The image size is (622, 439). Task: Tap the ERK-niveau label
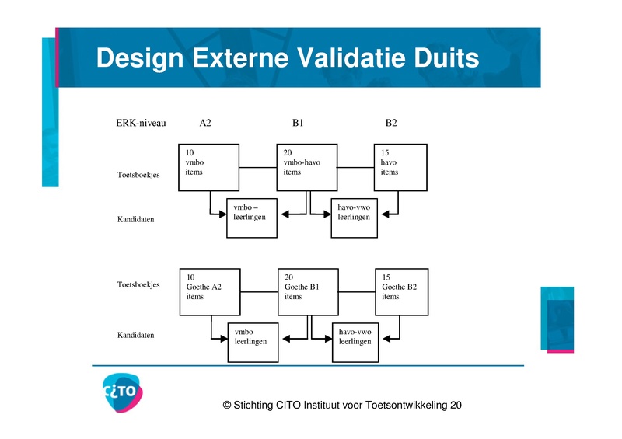pyautogui.click(x=141, y=123)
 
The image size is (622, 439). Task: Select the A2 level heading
pyautogui.click(x=205, y=123)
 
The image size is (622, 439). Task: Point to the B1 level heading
pyautogui.click(x=299, y=123)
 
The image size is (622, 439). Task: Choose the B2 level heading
pyautogui.click(x=392, y=123)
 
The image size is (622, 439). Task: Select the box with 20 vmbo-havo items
pyautogui.click(x=306, y=167)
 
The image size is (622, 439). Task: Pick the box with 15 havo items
pyautogui.click(x=400, y=167)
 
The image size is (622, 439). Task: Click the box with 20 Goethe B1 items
pyautogui.click(x=308, y=291)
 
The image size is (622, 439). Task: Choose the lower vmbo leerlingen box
pyautogui.click(x=252, y=341)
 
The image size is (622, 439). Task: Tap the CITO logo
pyautogui.click(x=123, y=393)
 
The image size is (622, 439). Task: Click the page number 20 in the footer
pyautogui.click(x=456, y=405)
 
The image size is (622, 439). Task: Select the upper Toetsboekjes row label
pyautogui.click(x=138, y=175)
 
